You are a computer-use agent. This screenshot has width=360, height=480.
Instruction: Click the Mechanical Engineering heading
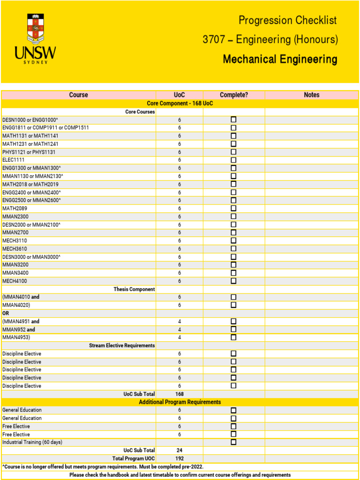click(280, 60)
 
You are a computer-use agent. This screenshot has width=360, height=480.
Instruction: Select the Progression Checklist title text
click(287, 20)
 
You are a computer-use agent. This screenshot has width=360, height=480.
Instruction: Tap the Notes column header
click(311, 95)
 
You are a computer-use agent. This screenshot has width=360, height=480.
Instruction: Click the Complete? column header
click(233, 95)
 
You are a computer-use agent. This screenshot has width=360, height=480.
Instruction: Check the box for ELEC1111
click(233, 160)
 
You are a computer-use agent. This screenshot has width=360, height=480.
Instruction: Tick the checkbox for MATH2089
click(233, 208)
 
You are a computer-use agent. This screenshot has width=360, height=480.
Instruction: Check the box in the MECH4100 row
click(233, 281)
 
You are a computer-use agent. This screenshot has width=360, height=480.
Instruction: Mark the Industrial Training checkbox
click(233, 442)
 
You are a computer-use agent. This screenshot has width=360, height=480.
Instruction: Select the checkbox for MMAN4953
click(233, 337)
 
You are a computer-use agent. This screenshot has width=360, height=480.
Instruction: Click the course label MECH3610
click(15, 249)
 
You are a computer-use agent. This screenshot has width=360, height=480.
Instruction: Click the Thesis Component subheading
click(134, 289)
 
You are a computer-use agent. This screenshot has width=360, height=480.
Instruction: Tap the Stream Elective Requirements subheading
click(122, 345)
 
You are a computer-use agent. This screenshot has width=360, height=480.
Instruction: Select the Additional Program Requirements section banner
click(180, 402)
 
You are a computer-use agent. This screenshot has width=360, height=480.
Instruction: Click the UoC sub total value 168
click(179, 394)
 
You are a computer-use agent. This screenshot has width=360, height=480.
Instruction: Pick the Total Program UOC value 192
click(179, 458)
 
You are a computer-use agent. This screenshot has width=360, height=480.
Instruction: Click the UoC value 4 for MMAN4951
click(179, 322)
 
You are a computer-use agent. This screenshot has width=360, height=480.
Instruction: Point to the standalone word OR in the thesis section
click(6, 313)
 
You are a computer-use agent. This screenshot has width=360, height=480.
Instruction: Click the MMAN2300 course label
click(15, 217)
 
